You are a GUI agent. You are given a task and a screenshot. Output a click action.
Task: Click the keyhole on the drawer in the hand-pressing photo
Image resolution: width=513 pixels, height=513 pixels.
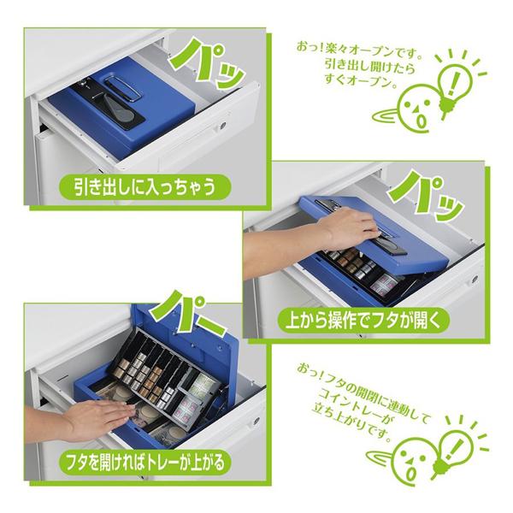point(475,279)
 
